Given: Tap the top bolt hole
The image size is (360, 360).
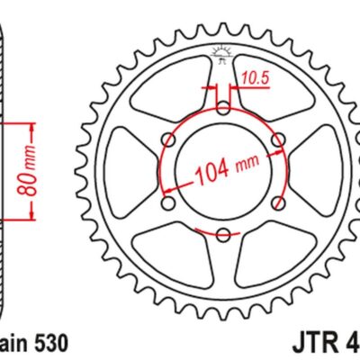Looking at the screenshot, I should (x=222, y=107).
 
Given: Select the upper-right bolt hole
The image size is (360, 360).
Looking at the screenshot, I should (x=278, y=139).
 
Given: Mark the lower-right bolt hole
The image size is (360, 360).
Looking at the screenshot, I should (x=278, y=202).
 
